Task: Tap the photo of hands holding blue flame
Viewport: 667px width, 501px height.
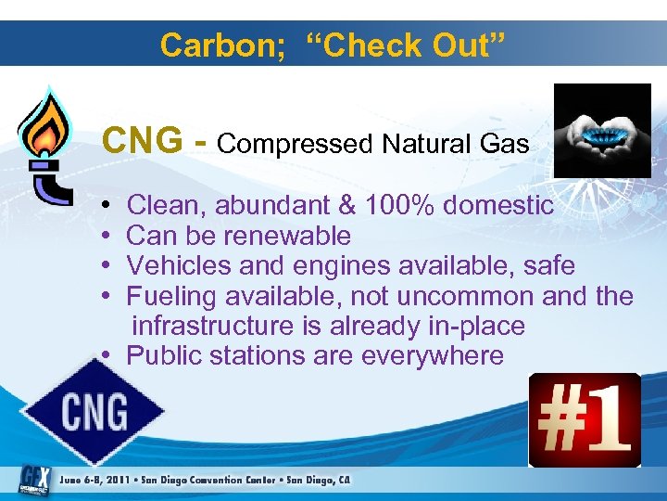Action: click(x=601, y=130)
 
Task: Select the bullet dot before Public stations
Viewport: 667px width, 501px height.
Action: click(x=108, y=356)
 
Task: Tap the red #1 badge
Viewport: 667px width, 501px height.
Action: click(x=585, y=419)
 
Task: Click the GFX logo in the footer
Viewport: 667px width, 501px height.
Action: click(x=33, y=479)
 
